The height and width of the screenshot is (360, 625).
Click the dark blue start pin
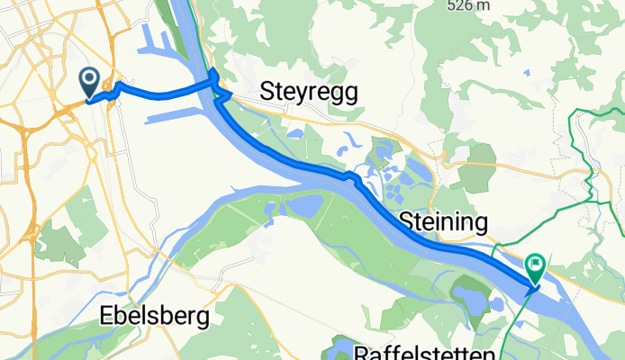[x=90, y=82]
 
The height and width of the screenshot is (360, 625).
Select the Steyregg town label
[x=308, y=91]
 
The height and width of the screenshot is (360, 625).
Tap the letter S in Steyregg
[x=267, y=91]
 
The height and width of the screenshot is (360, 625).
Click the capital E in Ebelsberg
[x=104, y=318]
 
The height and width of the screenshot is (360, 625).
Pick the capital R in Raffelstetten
[x=363, y=352]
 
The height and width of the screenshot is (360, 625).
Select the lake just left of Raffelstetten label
[x=340, y=346]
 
